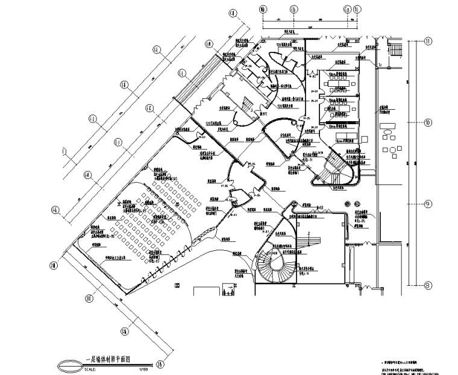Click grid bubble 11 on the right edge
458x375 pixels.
coord(428,42)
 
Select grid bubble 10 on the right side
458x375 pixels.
coord(428,122)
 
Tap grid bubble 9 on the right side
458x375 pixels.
coord(428,203)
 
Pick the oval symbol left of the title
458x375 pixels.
coord(68,364)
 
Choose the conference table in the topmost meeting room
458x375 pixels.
coord(341,77)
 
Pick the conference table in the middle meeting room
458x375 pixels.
coord(340,104)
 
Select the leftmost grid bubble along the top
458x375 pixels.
coord(263,10)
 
